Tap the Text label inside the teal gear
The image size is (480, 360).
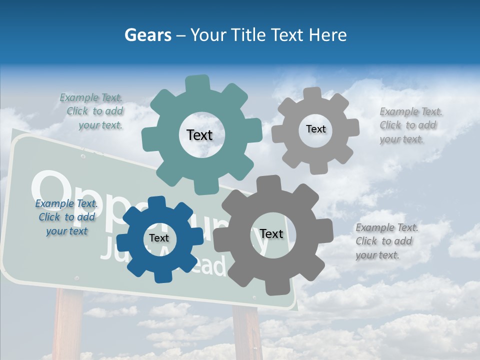[199, 135]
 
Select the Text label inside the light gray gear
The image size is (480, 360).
[315, 129]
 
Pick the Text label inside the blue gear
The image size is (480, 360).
[159, 238]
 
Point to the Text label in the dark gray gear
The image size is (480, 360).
[271, 234]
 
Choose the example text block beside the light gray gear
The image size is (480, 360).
[410, 125]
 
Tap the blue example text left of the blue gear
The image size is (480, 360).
[66, 217]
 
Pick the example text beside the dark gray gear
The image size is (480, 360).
[386, 241]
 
